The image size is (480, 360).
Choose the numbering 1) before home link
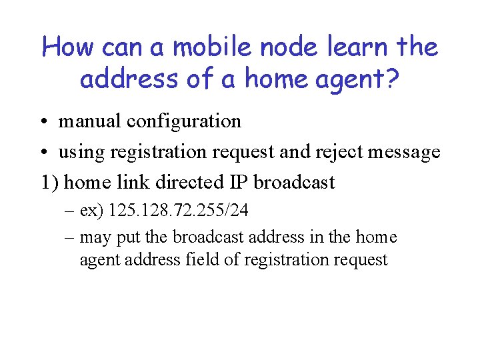[x=50, y=183]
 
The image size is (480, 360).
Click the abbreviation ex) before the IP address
[x=91, y=212]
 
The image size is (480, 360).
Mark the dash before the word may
[x=71, y=237]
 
